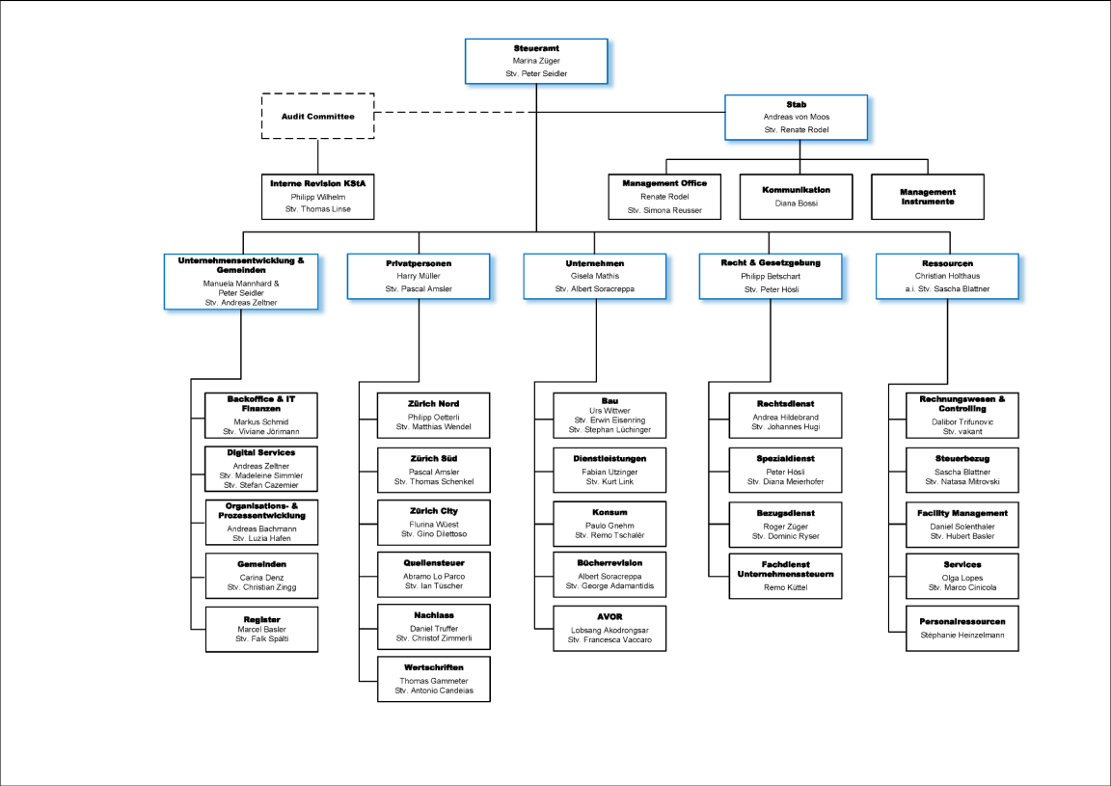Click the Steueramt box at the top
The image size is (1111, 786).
tap(537, 60)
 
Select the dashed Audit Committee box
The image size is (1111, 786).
tap(317, 116)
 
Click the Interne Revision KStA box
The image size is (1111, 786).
tap(317, 196)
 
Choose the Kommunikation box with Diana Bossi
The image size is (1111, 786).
tap(796, 196)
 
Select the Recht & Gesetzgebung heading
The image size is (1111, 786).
tap(770, 262)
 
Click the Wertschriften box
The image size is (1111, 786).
tap(434, 679)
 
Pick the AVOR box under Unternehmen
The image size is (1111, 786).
tap(610, 627)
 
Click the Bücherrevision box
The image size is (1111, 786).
tap(610, 575)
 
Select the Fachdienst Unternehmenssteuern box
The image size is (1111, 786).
tap(786, 575)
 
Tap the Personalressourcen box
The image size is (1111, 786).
tap(962, 627)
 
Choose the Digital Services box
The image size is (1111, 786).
tap(261, 468)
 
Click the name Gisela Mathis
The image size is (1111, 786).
tap(594, 276)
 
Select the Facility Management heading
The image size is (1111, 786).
tap(962, 513)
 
